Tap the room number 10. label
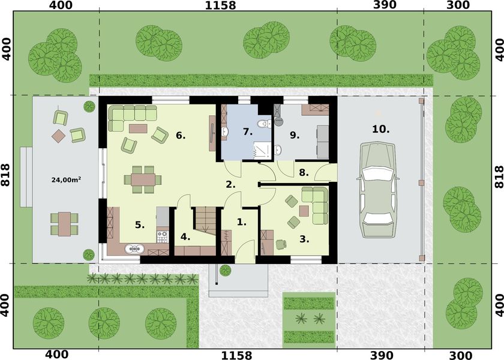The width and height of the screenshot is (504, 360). coord(380,129)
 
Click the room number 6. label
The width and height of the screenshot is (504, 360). coord(181,136)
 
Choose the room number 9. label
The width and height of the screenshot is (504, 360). coord(294,136)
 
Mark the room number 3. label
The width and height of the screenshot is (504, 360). coord(304,239)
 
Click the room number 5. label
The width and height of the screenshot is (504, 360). coord(140,225)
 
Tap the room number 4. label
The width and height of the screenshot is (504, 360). coord(185,236)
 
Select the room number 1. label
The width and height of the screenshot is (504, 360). coord(241,222)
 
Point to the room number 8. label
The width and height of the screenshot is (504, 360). coord(304,173)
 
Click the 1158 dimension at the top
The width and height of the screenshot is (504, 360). coord(220,6)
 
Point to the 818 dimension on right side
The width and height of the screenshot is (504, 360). coord(498,178)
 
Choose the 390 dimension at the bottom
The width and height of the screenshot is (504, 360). coord(385,354)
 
